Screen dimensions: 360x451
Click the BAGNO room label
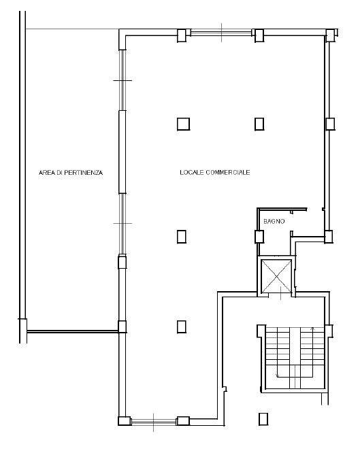point(274,221)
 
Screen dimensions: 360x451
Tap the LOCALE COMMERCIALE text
point(214,172)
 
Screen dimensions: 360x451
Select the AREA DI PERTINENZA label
point(71,173)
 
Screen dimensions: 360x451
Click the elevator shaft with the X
point(276,275)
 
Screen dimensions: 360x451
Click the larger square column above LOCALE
point(183,124)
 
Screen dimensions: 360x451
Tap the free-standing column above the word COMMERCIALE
point(259,124)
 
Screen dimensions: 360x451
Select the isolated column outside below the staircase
point(263,419)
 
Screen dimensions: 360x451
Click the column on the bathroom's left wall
point(259,237)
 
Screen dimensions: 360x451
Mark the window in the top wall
point(221,32)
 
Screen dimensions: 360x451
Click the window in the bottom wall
point(153,422)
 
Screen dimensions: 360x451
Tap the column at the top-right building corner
point(331,35)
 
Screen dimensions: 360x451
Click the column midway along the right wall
point(330,124)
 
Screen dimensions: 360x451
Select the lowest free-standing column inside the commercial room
point(181,327)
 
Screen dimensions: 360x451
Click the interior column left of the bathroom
point(181,237)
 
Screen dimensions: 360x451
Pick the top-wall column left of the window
point(182,35)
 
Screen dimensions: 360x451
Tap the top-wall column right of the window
point(259,35)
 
